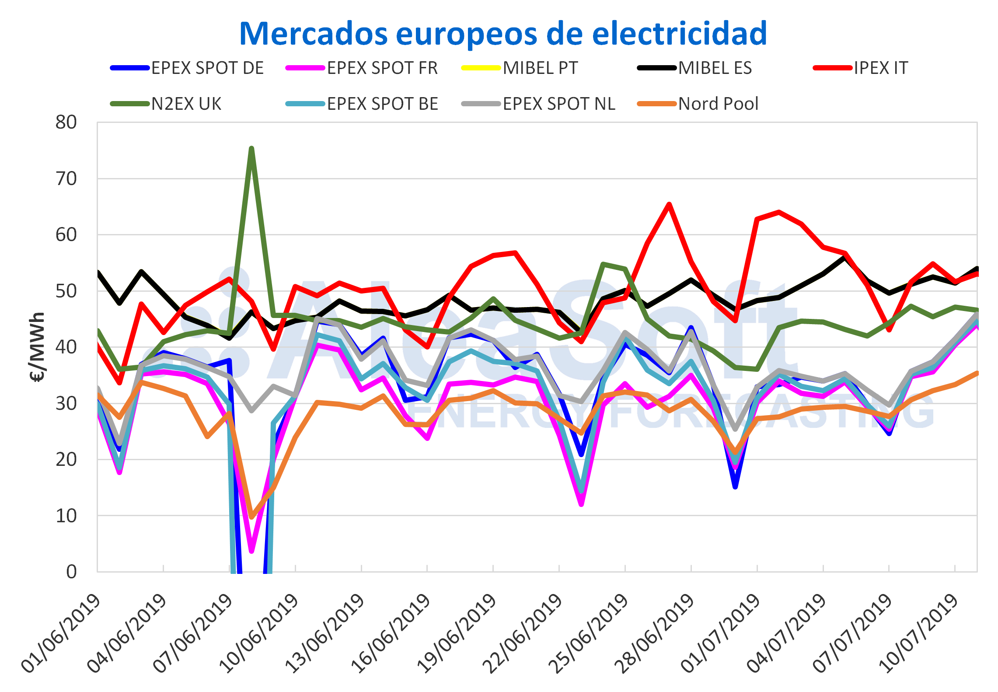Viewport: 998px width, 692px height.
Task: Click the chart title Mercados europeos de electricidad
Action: (503, 34)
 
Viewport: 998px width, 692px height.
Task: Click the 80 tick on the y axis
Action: (66, 122)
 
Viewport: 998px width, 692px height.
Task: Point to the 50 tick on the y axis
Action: (66, 291)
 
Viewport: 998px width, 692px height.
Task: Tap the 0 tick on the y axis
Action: (71, 572)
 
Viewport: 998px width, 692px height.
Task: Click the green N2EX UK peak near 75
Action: (251, 148)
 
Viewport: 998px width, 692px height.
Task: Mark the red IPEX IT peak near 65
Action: (669, 204)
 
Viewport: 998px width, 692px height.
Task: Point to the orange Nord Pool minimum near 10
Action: (251, 517)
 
